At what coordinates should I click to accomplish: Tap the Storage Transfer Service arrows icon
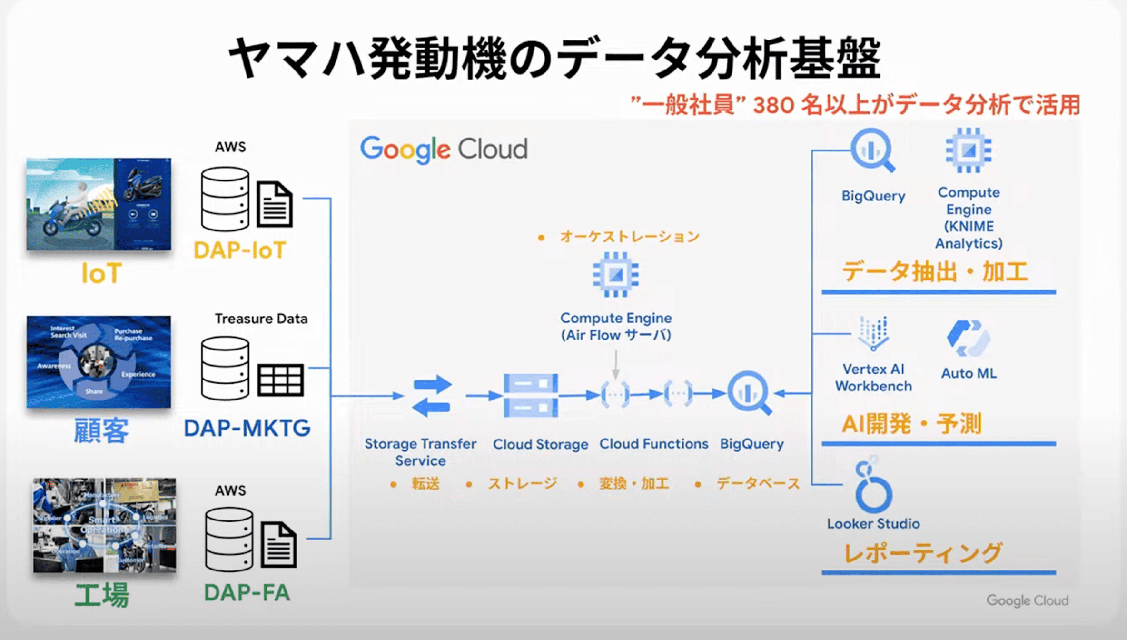pyautogui.click(x=431, y=396)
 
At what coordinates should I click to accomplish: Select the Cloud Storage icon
pyautogui.click(x=531, y=395)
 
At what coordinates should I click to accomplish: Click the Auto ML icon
pyautogui.click(x=969, y=338)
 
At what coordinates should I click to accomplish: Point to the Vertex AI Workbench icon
pyautogui.click(x=873, y=333)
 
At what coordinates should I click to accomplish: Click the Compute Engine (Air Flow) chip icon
pyautogui.click(x=616, y=275)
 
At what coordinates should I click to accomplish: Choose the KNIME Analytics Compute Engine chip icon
pyautogui.click(x=969, y=150)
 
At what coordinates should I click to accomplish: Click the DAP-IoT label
pyautogui.click(x=239, y=250)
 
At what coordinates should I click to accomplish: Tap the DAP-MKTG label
pyautogui.click(x=247, y=428)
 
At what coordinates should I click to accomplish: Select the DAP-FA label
pyautogui.click(x=247, y=593)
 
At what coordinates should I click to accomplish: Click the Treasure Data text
pyautogui.click(x=261, y=319)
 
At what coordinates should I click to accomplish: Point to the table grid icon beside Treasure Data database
pyautogui.click(x=280, y=380)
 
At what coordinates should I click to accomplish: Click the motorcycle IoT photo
pyautogui.click(x=99, y=204)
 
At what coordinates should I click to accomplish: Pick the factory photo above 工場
pyautogui.click(x=104, y=525)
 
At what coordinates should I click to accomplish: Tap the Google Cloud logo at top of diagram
pyautogui.click(x=444, y=149)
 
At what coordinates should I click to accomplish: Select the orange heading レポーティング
pyautogui.click(x=923, y=553)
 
